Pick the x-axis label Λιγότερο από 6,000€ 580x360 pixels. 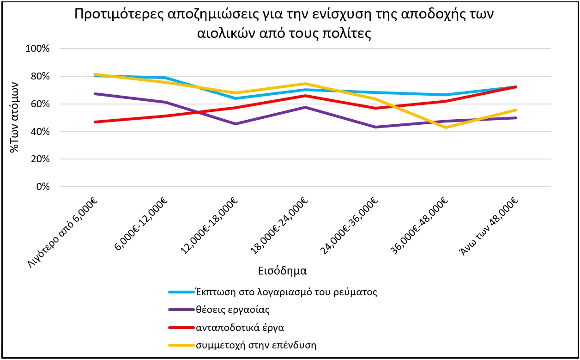point(66,232)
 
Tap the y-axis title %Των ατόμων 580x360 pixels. point(15,117)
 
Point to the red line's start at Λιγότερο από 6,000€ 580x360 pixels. point(95,122)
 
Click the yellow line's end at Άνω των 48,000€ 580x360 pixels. point(515,110)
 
